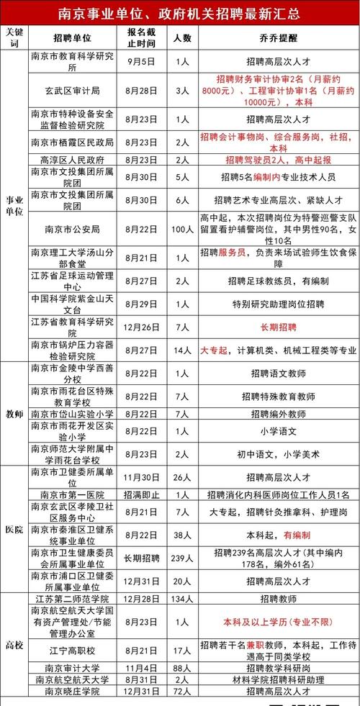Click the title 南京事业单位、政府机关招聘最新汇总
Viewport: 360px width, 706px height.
180,14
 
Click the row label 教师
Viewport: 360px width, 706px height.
14,415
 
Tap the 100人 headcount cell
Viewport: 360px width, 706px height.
182,229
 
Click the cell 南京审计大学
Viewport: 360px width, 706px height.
73,667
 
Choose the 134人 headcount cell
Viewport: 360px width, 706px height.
182,599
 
